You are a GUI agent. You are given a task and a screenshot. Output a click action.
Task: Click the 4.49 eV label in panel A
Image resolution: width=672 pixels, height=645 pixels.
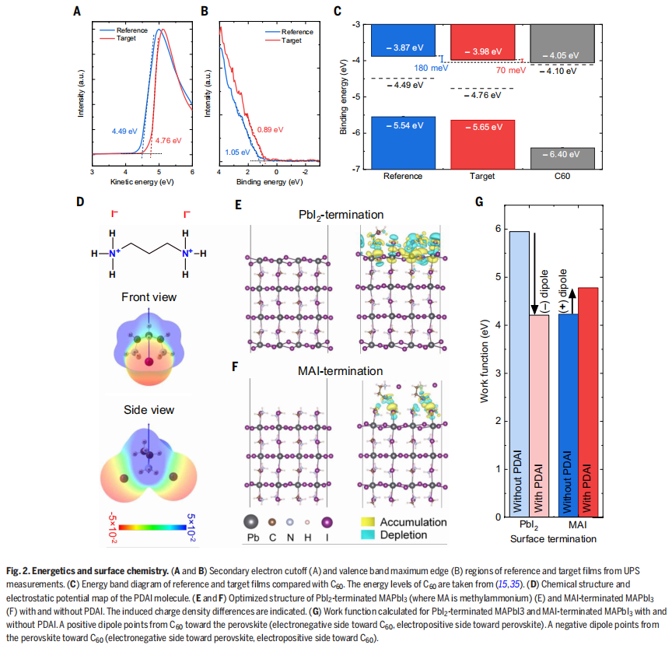[125, 131]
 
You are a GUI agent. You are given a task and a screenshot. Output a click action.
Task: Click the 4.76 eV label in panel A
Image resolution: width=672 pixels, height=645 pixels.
[168, 141]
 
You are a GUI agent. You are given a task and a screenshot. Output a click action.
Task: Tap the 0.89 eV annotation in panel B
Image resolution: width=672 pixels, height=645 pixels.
[270, 129]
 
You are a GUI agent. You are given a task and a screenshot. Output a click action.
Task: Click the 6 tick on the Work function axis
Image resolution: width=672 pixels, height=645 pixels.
[495, 229]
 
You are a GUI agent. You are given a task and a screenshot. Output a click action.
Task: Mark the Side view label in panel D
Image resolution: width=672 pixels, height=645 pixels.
[149, 410]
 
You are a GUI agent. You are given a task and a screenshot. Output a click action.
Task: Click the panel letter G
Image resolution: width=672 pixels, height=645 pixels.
[479, 202]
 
